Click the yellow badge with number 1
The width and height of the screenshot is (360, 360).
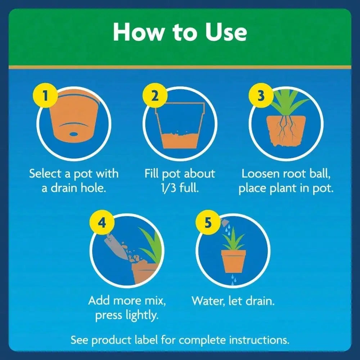coord(45,95)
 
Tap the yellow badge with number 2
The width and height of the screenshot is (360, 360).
coord(155,95)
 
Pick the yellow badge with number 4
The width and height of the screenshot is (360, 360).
coord(102,222)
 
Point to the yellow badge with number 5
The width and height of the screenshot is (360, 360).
coord(208,222)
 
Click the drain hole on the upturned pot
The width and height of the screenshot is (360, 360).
coord(73,134)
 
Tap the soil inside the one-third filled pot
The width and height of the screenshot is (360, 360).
coord(180,140)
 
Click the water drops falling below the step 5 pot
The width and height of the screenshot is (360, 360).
coord(233,279)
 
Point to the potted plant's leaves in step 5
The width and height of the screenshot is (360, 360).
coord(233,239)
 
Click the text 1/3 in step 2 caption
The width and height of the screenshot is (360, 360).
coord(168,188)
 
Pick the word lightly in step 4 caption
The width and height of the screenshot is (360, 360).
coord(142,315)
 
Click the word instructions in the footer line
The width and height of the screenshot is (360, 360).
coord(259,340)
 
